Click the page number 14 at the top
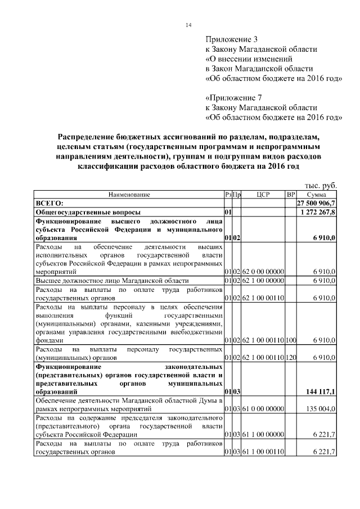point(188,25)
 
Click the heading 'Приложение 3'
point(231,39)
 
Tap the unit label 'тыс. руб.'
point(320,185)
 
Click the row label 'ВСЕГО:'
point(49,202)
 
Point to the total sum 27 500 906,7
point(317,202)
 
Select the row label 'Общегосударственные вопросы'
point(88,213)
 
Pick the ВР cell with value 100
point(291,341)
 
